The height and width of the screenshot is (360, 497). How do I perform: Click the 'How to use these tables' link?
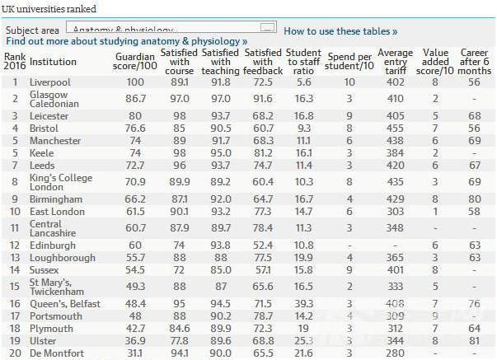[340, 30]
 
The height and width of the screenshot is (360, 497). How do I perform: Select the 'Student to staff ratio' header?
[304, 61]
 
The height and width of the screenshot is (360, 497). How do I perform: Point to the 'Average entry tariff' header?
[395, 61]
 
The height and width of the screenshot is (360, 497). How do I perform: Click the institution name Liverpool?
[49, 82]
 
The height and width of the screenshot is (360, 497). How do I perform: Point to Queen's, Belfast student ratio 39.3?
[304, 304]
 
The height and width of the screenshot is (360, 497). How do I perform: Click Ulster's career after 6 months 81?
[474, 339]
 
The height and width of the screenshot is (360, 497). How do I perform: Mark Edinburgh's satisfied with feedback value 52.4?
[258, 245]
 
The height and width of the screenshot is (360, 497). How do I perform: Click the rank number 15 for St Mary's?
[15, 286]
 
